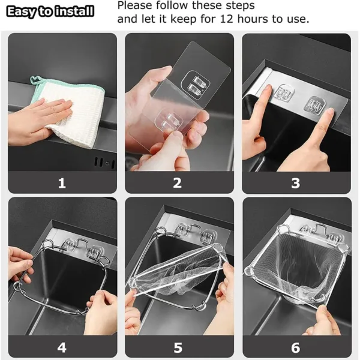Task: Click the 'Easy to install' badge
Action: [x=50, y=11]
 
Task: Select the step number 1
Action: [x=61, y=183]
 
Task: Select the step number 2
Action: [x=178, y=183]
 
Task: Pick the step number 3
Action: [x=295, y=183]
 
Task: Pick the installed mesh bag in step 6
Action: [x=294, y=270]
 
